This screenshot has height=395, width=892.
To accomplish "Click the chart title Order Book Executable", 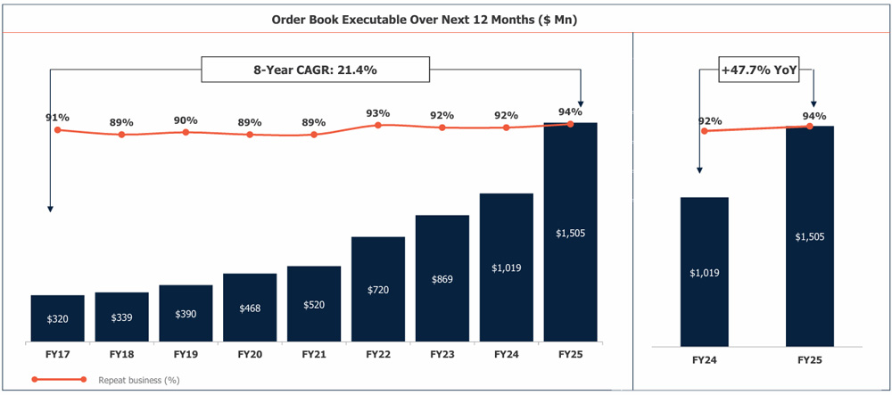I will tap(424, 18).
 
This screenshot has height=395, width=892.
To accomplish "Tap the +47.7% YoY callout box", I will tap(759, 69).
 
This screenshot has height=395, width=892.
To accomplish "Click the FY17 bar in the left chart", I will tap(57, 317).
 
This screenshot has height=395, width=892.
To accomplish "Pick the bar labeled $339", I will tap(121, 317).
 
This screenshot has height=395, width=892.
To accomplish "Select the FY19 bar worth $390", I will tap(186, 313).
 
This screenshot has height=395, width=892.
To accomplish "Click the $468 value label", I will tap(250, 308).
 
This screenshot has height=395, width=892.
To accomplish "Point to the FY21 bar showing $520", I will tap(314, 303).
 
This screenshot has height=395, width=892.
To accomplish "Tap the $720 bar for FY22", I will tap(378, 289).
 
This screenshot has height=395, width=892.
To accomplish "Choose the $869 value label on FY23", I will tap(442, 279).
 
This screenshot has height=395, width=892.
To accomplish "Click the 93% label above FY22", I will tap(378, 113).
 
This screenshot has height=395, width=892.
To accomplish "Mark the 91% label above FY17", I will tap(57, 117).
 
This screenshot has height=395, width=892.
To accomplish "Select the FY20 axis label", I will tap(250, 355).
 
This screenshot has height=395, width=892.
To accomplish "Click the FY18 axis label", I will tap(121, 355).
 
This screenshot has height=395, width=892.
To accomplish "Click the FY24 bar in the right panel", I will tap(705, 271).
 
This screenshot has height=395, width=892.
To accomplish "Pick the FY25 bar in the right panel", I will tap(810, 236).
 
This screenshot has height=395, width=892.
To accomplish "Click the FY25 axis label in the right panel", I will tap(810, 360).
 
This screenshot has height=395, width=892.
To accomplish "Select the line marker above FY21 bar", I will tap(314, 135).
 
